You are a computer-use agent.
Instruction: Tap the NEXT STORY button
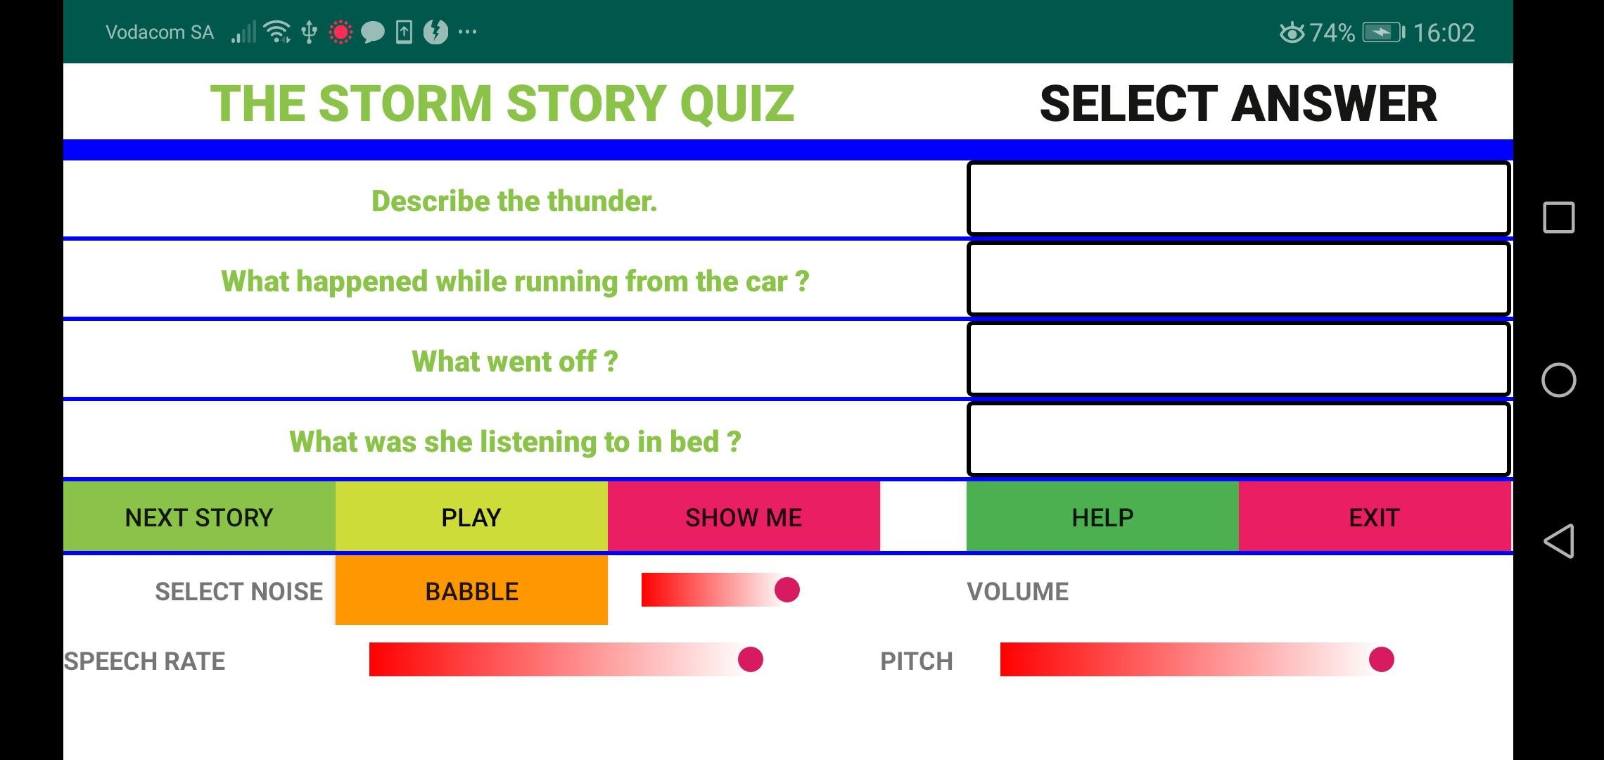[x=199, y=517]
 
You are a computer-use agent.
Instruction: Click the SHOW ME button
[x=744, y=517]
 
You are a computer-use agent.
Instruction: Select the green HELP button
[x=1102, y=517]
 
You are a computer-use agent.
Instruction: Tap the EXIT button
[x=1375, y=517]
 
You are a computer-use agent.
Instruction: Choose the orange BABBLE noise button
[x=471, y=590]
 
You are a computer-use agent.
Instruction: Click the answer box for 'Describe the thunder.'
[x=1239, y=198]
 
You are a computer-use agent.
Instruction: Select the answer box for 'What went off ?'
[x=1239, y=359]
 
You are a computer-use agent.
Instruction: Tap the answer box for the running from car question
[x=1239, y=279]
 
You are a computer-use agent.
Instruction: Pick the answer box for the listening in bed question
[x=1239, y=439]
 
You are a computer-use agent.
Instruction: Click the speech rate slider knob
[x=751, y=659]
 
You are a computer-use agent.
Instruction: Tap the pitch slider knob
[x=1382, y=659]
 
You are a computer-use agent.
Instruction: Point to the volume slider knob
[x=787, y=590]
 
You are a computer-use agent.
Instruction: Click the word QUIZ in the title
[x=737, y=103]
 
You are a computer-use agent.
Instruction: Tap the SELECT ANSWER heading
[x=1238, y=103]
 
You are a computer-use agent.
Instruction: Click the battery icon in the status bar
[x=1383, y=32]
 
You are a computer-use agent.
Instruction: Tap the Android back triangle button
[x=1558, y=541]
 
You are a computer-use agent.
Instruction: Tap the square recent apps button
[x=1558, y=217]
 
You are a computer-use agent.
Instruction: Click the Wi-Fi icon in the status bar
[x=277, y=32]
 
